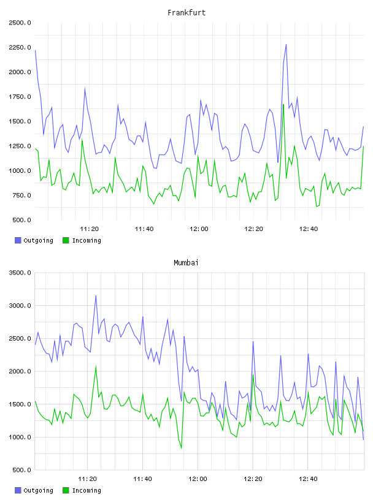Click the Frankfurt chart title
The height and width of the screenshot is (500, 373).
186,13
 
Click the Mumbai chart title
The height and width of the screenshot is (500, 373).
186,263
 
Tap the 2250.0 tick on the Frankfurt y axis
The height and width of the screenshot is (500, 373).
20,48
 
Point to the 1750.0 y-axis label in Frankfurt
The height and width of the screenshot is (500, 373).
20,97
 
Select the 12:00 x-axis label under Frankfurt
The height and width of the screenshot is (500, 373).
199,229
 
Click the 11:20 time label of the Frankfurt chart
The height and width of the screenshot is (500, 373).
90,229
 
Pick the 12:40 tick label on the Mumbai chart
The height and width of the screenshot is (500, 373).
308,479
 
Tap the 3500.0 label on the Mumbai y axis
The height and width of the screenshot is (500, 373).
20,273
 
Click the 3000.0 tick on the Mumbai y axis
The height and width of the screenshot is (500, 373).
20,306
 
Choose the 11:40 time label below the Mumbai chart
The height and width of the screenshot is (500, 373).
142,479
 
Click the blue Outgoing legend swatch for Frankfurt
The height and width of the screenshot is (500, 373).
18,240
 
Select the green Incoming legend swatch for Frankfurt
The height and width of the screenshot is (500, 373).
66,240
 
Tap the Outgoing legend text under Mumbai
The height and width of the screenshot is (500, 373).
38,490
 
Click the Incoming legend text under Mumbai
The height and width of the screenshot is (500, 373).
87,490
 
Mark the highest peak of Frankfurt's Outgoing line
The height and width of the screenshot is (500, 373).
286,44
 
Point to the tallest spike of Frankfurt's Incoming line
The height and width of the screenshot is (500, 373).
283,104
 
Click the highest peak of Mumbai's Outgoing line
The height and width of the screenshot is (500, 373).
96,295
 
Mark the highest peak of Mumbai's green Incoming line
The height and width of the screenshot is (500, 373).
96,366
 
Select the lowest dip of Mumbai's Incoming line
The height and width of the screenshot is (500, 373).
182,449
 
